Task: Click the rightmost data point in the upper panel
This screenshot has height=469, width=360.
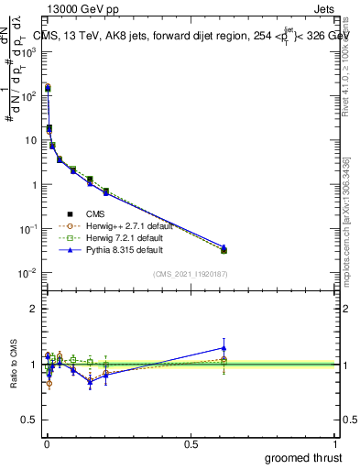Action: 224,249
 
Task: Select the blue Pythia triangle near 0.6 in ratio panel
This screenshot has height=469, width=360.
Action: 224,347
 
